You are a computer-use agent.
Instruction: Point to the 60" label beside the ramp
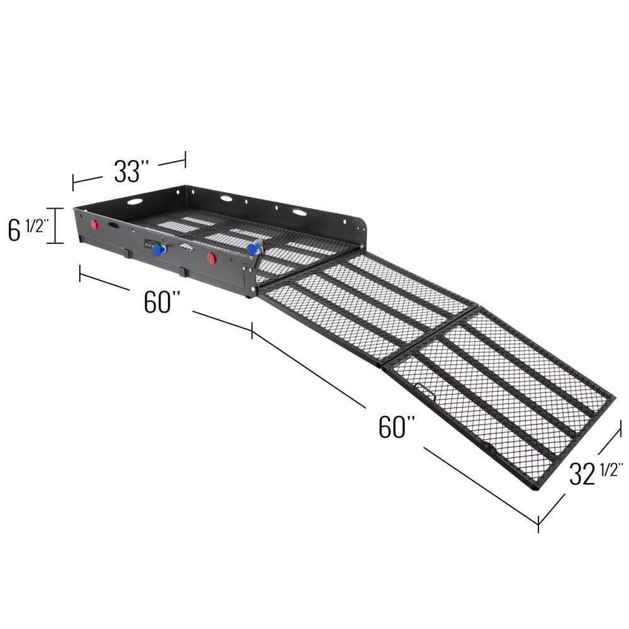tap(397, 427)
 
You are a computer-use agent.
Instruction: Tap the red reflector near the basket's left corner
tap(94, 225)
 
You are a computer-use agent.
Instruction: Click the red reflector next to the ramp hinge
tap(211, 259)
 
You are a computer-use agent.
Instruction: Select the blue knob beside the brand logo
tap(158, 250)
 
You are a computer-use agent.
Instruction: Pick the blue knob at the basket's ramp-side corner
tap(252, 248)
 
